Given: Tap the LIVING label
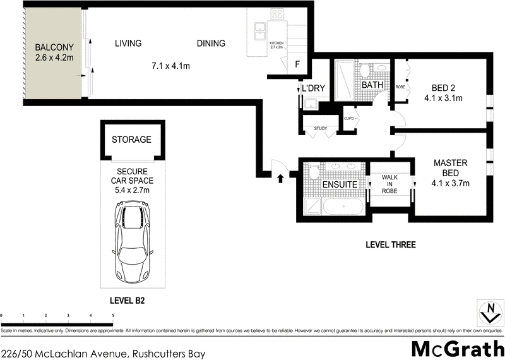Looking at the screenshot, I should [x=128, y=44].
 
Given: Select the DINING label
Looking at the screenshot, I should [x=211, y=44].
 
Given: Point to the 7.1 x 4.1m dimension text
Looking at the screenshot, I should [x=171, y=66].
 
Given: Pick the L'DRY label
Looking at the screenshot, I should [x=313, y=88].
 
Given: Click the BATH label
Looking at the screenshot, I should [x=372, y=85].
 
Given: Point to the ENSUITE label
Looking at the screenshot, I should [x=340, y=184].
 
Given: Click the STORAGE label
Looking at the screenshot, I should [x=131, y=140].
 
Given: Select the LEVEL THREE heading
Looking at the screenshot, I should [x=391, y=244].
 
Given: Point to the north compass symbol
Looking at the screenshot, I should [x=487, y=312].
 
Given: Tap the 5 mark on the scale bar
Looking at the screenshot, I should [x=113, y=315].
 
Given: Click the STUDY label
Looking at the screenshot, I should [x=319, y=129].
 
